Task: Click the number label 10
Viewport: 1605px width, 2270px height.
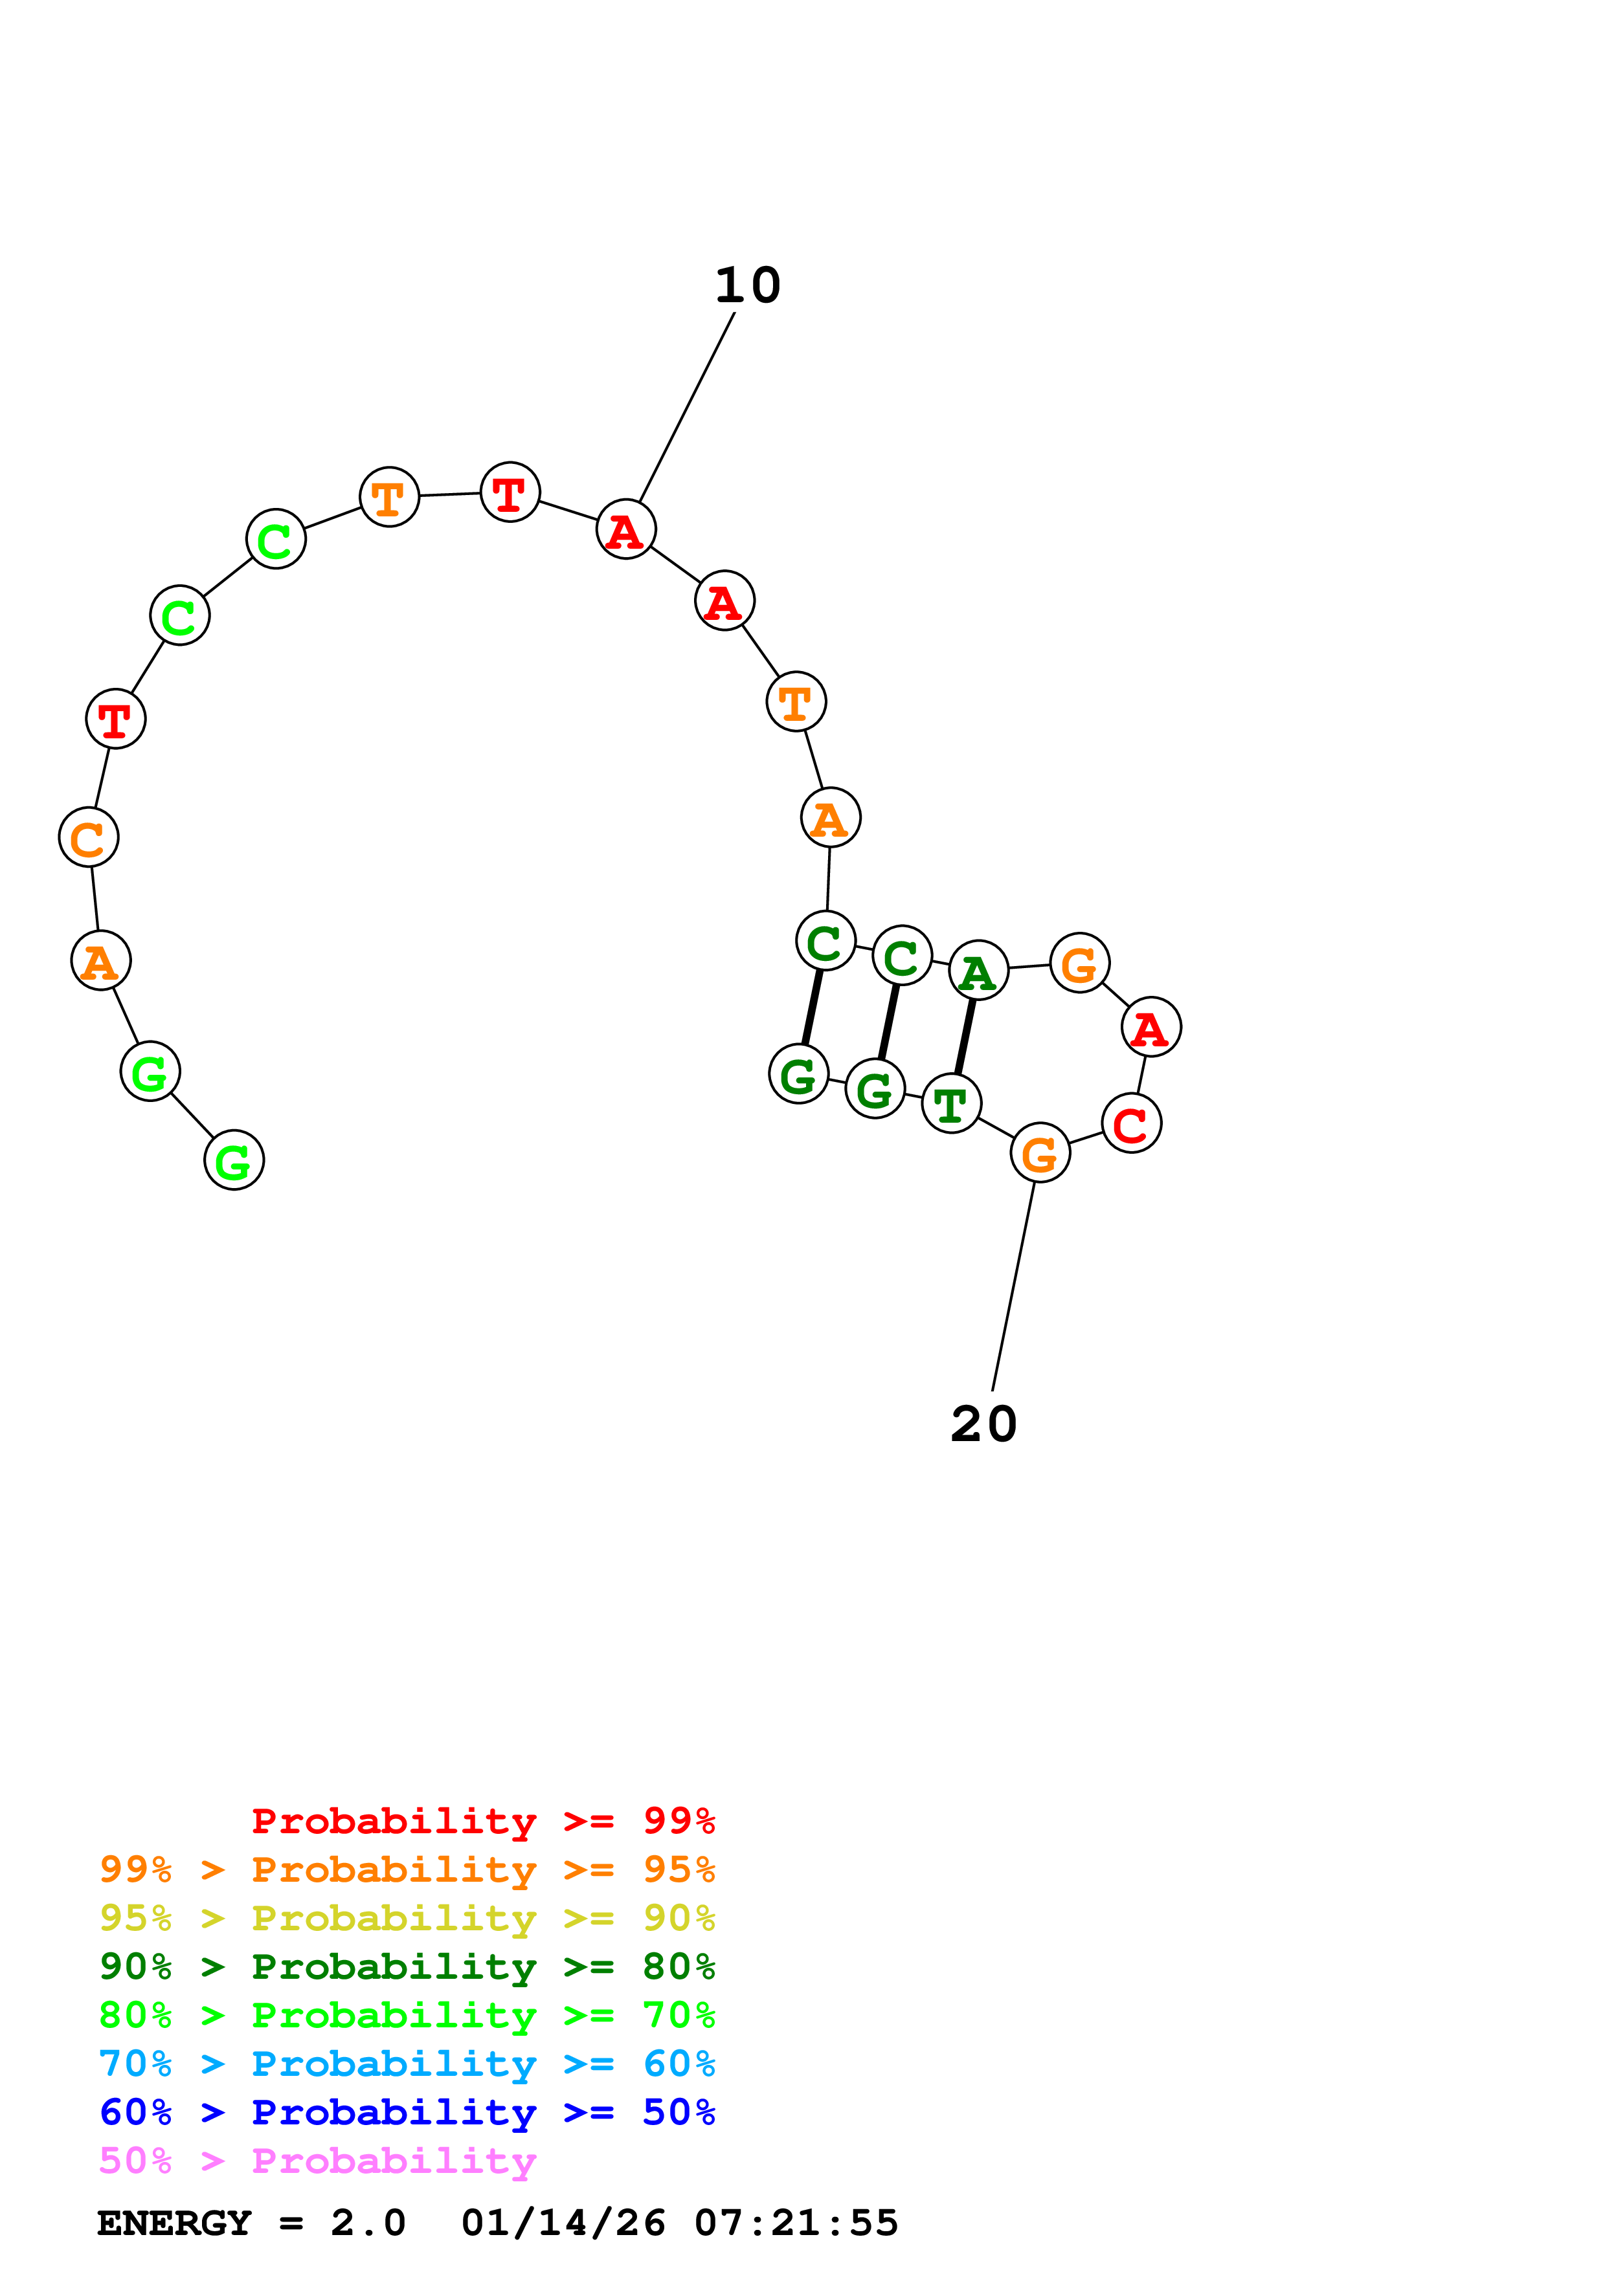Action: [748, 286]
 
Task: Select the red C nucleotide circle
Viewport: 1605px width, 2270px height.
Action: [1130, 1123]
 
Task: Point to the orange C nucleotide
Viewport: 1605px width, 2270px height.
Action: [88, 839]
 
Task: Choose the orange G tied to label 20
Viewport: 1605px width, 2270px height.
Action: [1039, 1153]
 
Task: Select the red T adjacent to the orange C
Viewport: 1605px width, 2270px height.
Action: [116, 719]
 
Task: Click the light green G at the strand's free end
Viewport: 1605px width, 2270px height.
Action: [233, 1161]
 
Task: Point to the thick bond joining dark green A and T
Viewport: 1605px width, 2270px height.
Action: [965, 1036]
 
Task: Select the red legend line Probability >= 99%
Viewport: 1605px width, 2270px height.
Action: [482, 1821]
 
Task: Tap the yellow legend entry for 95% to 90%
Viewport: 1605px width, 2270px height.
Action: [407, 1918]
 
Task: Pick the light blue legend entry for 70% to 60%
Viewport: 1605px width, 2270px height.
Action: [407, 2064]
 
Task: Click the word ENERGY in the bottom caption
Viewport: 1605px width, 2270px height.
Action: [174, 2223]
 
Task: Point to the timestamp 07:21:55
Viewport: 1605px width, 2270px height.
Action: [796, 2223]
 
